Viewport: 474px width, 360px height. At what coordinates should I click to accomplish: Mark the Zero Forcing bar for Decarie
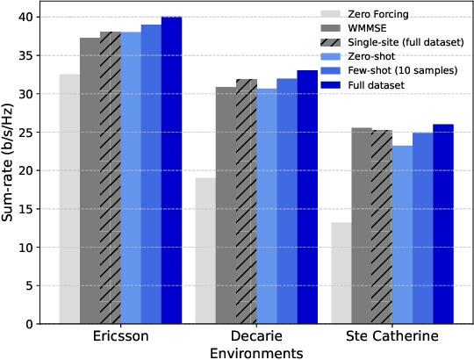click(205, 250)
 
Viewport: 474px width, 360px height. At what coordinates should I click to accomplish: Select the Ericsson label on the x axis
click(120, 336)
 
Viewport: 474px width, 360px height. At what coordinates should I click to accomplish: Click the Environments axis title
click(255, 352)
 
